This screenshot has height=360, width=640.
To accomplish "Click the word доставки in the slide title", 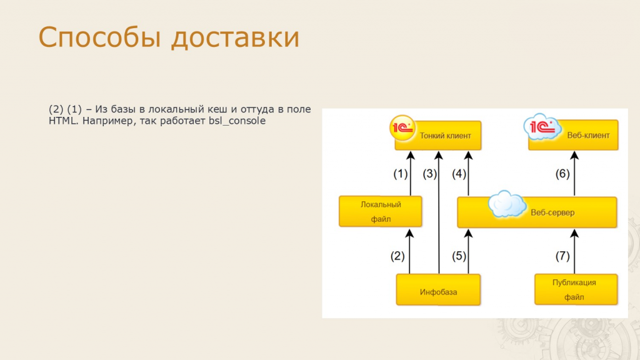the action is coord(236,37).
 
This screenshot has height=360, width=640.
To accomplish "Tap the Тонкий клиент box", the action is coord(438,136).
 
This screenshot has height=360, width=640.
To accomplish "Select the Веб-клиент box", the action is coord(574,135).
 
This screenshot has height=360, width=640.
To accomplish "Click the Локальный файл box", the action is coord(381,211).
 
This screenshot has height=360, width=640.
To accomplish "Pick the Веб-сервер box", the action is coord(537,212).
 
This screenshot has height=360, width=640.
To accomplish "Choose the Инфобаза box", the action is coord(438,290).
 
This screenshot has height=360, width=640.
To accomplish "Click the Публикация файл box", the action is coord(576,289).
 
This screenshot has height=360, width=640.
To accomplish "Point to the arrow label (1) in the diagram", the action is coord(401,174).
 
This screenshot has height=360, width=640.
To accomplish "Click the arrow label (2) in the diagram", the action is coord(397,256).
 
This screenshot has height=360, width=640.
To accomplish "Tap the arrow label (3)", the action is coord(430,174).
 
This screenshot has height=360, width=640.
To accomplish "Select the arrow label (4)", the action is coord(459,174).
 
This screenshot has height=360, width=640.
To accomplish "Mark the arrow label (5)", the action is coord(459,256).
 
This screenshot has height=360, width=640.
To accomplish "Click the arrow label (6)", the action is coord(562,174).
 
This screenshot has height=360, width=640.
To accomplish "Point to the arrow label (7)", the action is coord(562,256).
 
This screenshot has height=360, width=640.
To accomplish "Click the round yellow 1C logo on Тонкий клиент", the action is coord(402,128).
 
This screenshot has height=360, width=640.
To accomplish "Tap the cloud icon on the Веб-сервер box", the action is coord(507,204).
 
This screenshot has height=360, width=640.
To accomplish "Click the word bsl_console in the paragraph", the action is coord(237,121).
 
